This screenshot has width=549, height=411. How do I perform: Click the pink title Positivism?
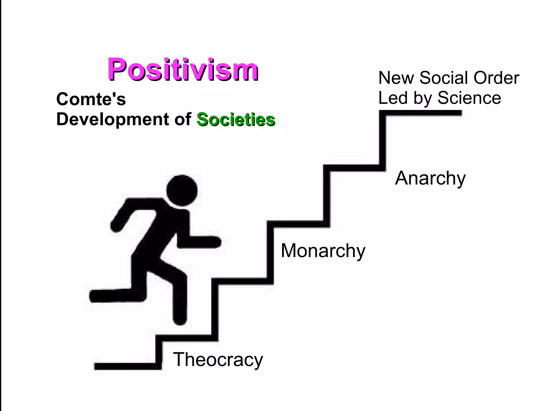coord(183,69)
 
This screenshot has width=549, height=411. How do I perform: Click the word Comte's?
coord(91,99)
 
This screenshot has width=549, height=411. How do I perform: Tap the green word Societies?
coord(236,119)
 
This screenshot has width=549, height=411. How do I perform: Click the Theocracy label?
coord(218,360)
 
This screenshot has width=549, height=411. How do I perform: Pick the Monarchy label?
coord(323,251)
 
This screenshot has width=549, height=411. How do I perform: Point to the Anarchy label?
coord(430,178)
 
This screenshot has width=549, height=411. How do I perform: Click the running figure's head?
coord(182,190)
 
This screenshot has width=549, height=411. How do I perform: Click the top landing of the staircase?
coord(424,113)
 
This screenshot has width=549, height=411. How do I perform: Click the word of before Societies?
coord(183,119)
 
